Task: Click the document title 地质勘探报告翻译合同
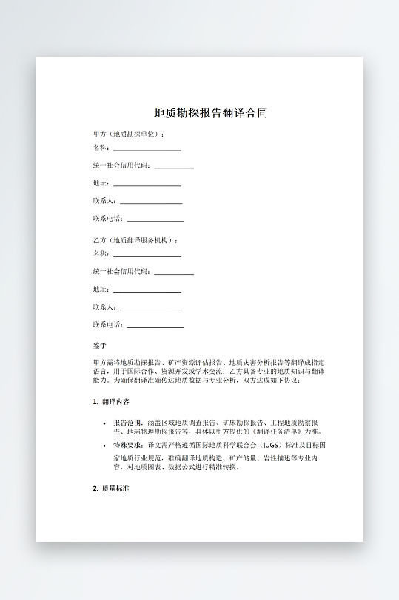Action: click(x=210, y=114)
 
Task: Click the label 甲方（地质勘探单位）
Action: click(x=127, y=134)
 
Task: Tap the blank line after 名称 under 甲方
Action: click(x=147, y=149)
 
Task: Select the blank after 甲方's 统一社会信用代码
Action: click(x=174, y=167)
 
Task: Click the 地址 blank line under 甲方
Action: click(x=147, y=185)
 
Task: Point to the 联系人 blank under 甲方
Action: click(x=151, y=202)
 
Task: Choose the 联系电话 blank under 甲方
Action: click(x=155, y=220)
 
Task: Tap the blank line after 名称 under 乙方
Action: click(x=147, y=256)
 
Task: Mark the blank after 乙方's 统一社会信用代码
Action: click(x=174, y=273)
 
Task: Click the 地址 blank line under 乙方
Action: click(x=147, y=291)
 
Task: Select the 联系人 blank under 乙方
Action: click(x=151, y=309)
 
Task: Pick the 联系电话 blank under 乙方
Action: click(x=155, y=327)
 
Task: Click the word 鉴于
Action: click(x=100, y=345)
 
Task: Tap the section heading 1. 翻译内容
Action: click(x=111, y=402)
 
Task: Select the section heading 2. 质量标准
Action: click(x=111, y=488)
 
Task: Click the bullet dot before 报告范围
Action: click(x=104, y=423)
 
